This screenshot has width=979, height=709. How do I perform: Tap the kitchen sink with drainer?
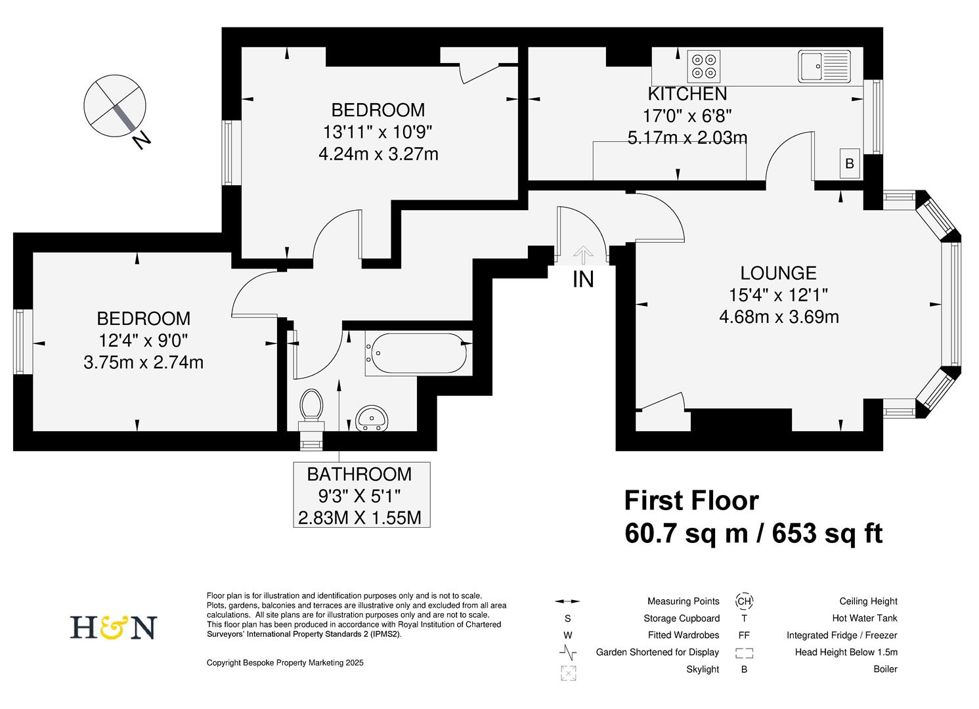click(824, 66)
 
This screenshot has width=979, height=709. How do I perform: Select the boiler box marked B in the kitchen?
click(850, 163)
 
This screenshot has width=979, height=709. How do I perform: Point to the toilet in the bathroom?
click(311, 407)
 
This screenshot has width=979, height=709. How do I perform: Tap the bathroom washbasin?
click(372, 418)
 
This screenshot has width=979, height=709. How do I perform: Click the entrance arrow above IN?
click(582, 254)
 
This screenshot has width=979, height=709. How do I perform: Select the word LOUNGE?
click(778, 272)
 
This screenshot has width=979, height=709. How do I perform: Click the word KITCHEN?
click(687, 94)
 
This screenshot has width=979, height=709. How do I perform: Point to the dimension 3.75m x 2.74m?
click(143, 362)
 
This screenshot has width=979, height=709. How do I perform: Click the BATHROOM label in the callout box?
click(359, 474)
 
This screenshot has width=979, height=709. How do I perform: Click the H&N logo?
click(114, 628)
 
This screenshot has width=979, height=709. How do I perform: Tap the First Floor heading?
click(691, 501)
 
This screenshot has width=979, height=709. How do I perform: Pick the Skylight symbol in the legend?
click(567, 673)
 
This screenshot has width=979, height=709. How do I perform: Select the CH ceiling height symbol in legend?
click(744, 601)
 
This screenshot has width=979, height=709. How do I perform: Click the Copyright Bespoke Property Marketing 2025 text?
click(285, 663)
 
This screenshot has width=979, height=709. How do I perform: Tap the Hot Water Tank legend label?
click(864, 618)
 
